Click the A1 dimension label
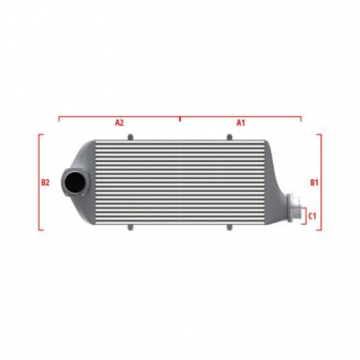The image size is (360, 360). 240,121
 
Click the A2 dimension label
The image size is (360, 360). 119,121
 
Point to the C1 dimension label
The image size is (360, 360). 311,215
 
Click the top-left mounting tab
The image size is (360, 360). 130,137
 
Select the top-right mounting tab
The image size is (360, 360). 229,137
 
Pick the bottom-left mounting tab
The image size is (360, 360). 130,229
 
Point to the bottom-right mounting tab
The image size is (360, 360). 229,229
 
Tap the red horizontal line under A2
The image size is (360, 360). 119,116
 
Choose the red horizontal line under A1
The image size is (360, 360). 240,116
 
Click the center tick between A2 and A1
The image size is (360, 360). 180,117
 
